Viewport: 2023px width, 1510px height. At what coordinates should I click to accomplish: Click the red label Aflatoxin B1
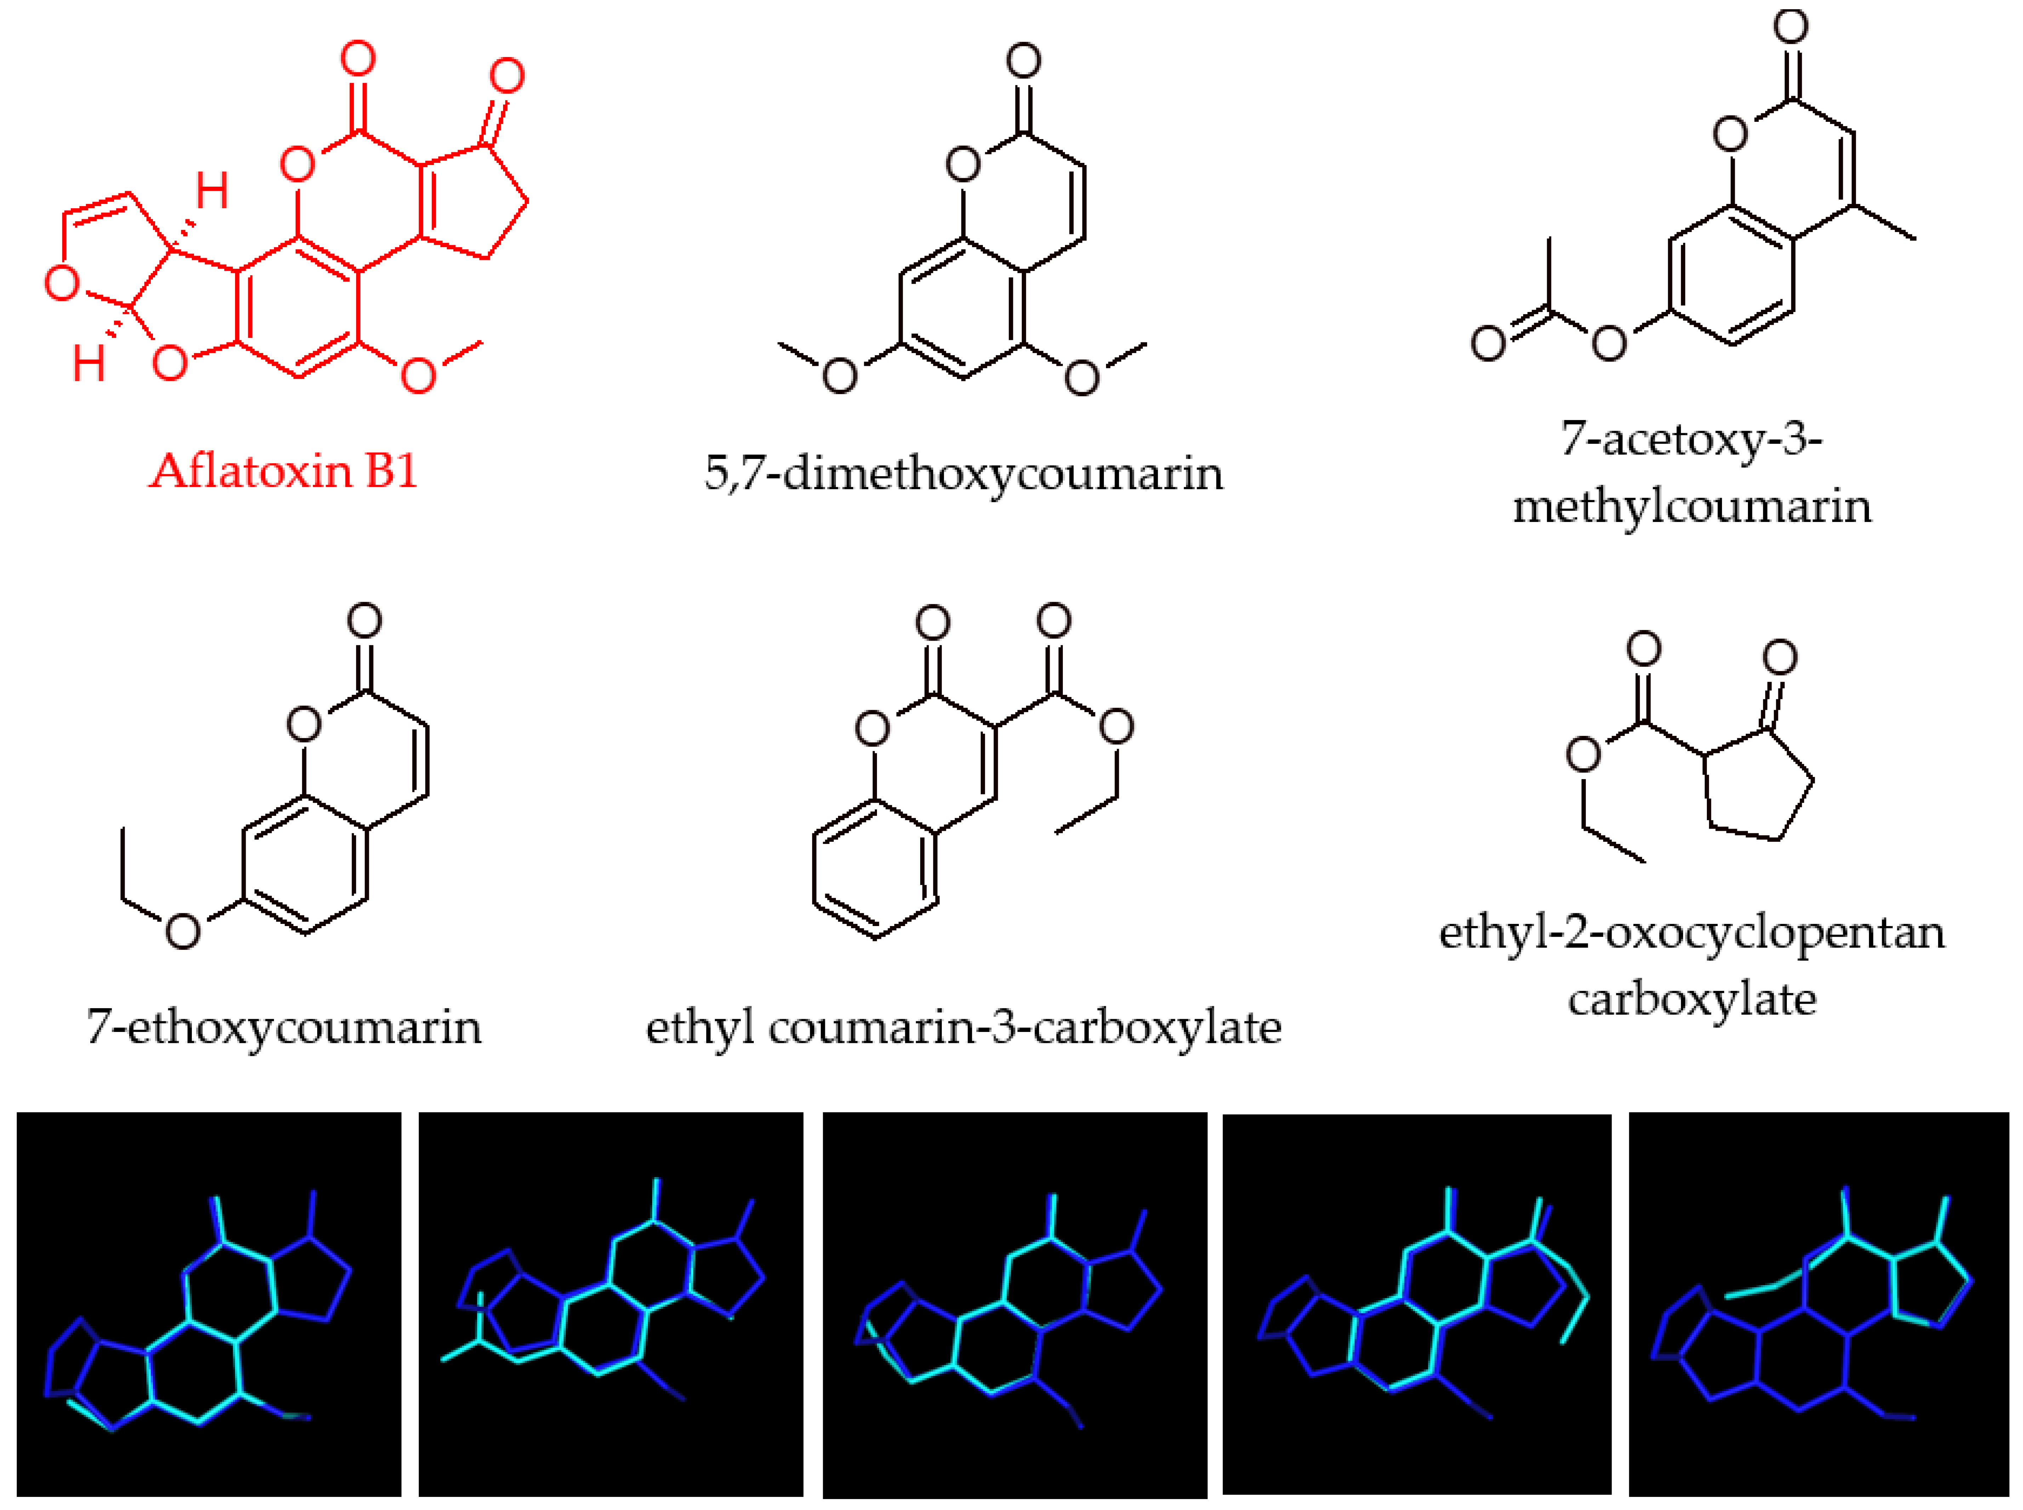(283, 472)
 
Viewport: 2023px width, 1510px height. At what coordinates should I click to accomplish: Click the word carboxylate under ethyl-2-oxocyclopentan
(1691, 999)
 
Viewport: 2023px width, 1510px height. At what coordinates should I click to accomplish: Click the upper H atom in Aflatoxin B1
(212, 191)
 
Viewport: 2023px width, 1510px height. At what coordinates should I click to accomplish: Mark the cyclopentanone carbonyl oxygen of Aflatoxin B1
(507, 76)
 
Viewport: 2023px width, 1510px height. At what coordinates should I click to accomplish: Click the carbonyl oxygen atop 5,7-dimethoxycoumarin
(1024, 61)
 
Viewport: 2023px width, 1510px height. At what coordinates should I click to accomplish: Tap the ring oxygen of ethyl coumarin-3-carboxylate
(873, 728)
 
